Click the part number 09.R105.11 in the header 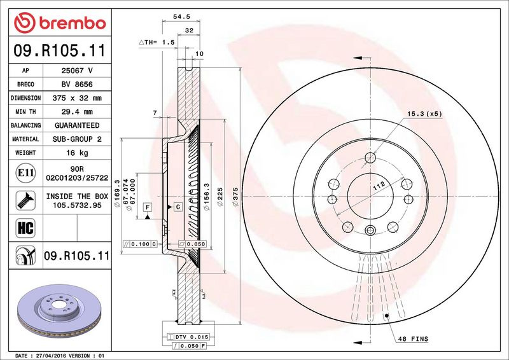coord(59,50)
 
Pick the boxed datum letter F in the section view coord(147,207)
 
